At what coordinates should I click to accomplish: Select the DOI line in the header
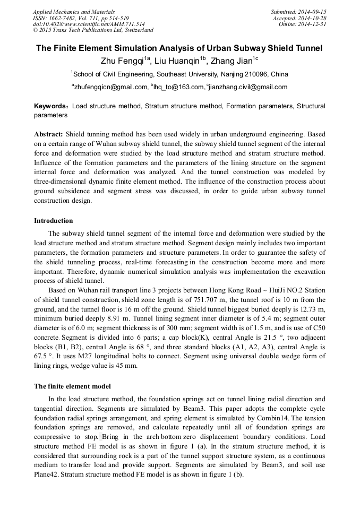[89, 24]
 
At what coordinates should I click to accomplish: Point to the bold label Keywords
[51, 106]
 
